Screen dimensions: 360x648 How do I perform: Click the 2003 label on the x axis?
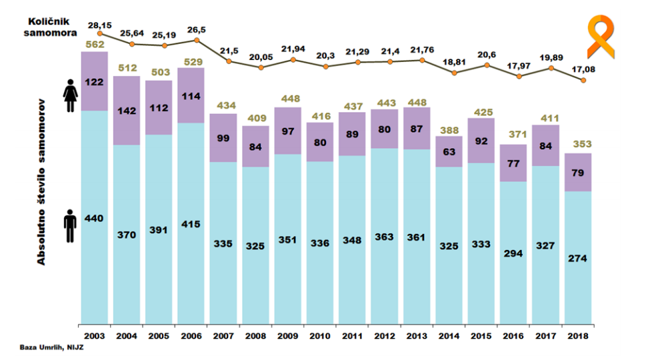93,335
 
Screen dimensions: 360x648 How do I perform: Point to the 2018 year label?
577,335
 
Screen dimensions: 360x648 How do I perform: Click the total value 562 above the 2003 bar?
94,45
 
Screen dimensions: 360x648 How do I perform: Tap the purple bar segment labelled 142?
126,111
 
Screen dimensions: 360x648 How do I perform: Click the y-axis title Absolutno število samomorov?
42,183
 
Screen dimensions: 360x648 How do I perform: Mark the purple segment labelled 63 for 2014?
449,151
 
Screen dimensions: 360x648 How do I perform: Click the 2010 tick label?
319,335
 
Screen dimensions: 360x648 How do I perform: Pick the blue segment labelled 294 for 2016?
513,252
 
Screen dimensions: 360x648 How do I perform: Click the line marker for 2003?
100,33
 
